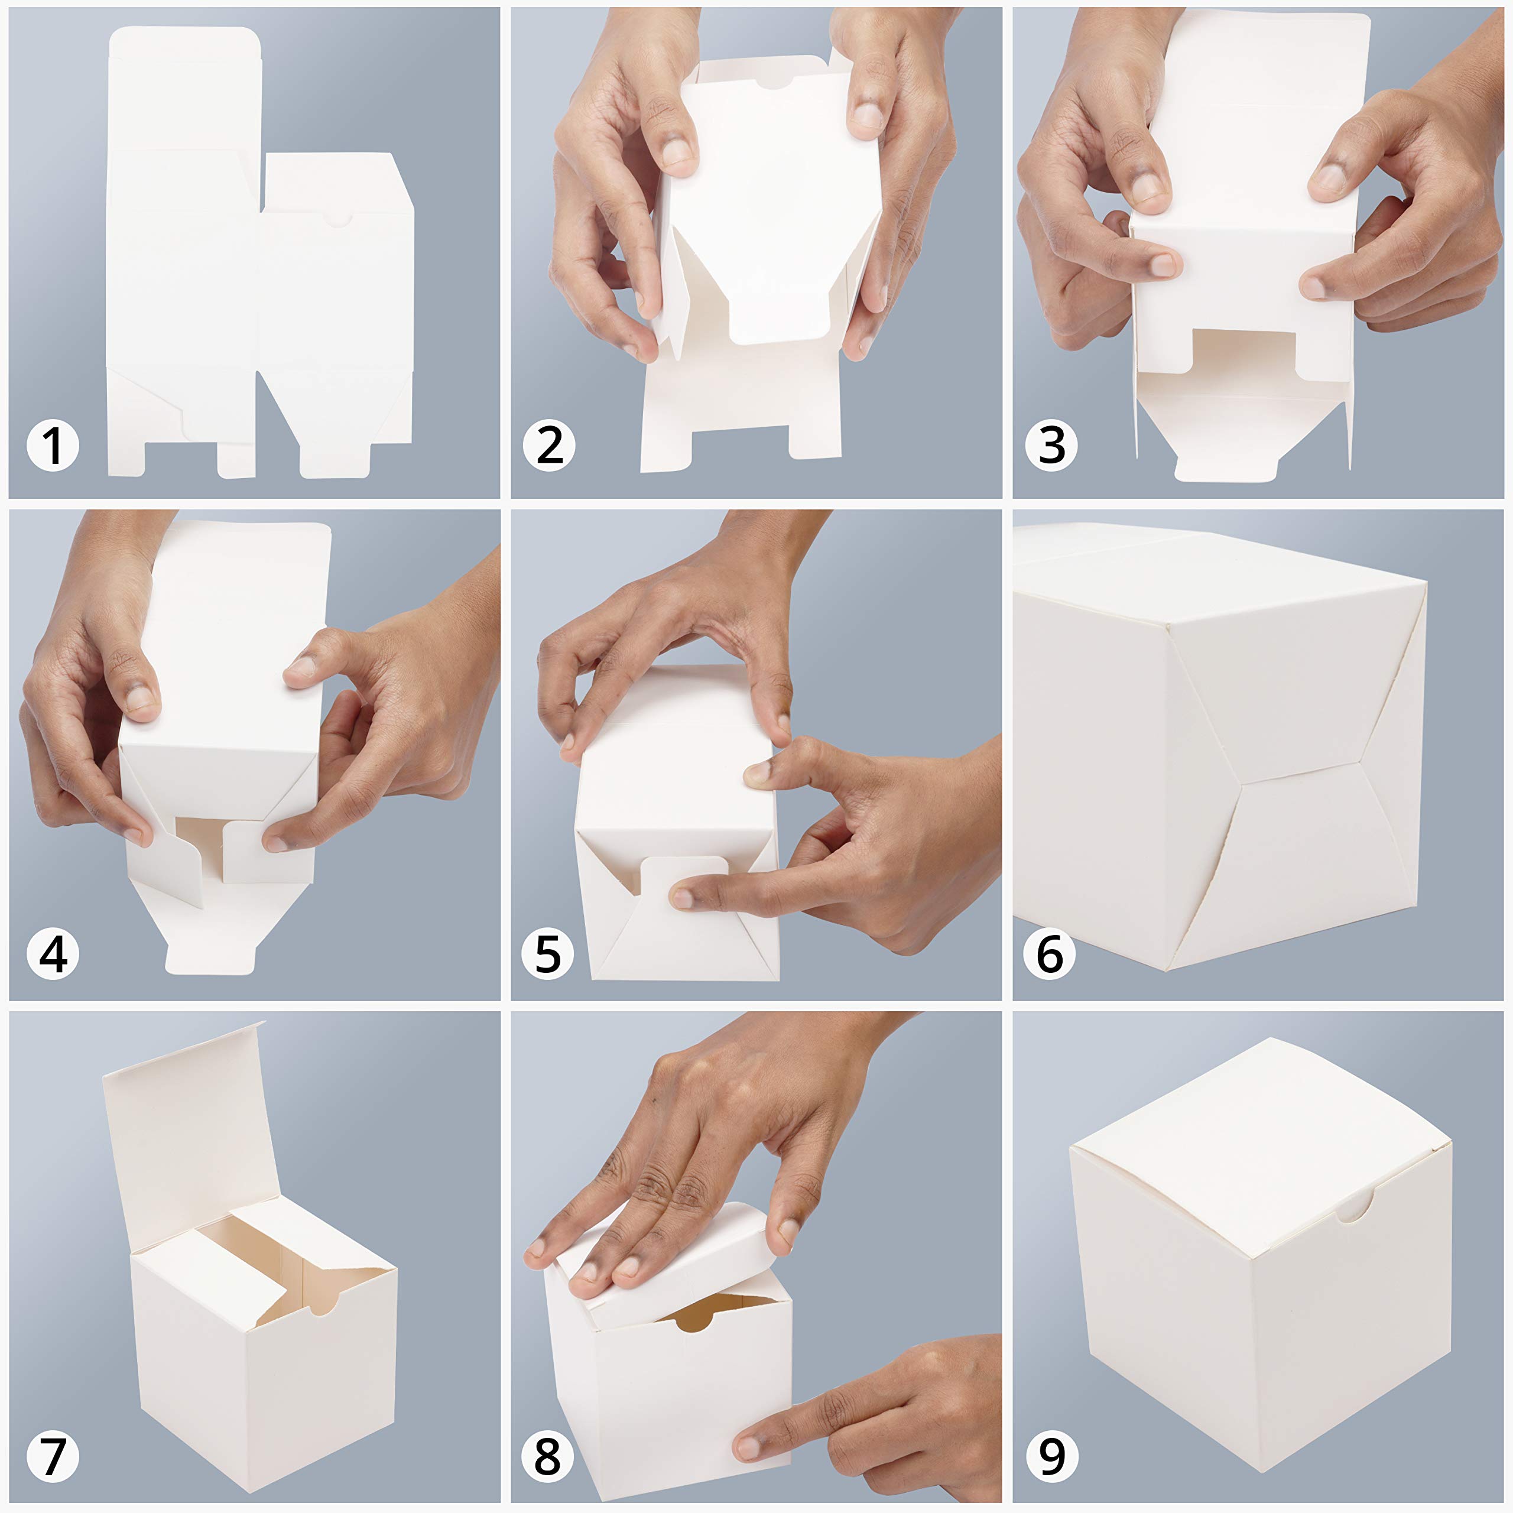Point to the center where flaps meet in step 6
[x=1241, y=781]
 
